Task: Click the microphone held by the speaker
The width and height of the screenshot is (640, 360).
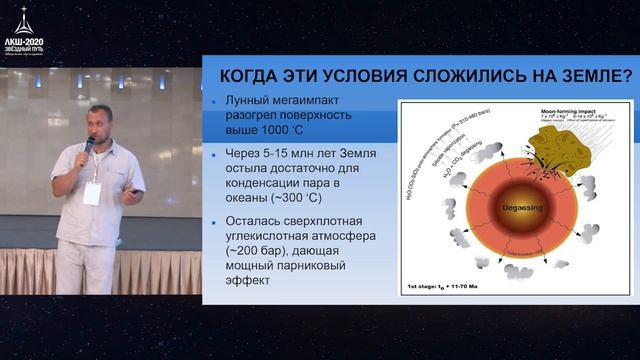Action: [88, 147]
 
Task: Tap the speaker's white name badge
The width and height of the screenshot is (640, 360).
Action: [92, 193]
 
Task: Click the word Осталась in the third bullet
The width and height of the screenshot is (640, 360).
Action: [259, 223]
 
